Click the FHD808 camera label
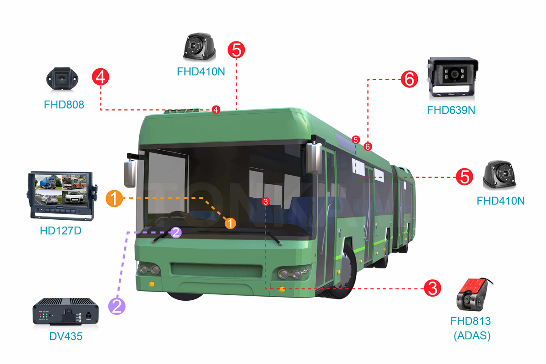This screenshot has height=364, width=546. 64,105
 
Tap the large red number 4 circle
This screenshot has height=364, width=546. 101,76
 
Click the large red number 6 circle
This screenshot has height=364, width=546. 409,80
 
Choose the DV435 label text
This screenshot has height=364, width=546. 66,337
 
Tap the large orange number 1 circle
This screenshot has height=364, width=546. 114,199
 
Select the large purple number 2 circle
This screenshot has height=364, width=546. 116,305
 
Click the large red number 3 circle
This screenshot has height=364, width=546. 433,288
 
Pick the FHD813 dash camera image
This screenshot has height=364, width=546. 473,295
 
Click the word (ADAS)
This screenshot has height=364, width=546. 472,336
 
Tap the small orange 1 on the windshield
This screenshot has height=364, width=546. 231,223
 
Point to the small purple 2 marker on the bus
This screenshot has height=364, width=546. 176,233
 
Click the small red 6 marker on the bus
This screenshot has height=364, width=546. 368,147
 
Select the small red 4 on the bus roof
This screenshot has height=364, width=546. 216,109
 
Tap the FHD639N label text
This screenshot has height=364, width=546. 451,110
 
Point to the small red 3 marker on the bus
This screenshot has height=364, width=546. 267,201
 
